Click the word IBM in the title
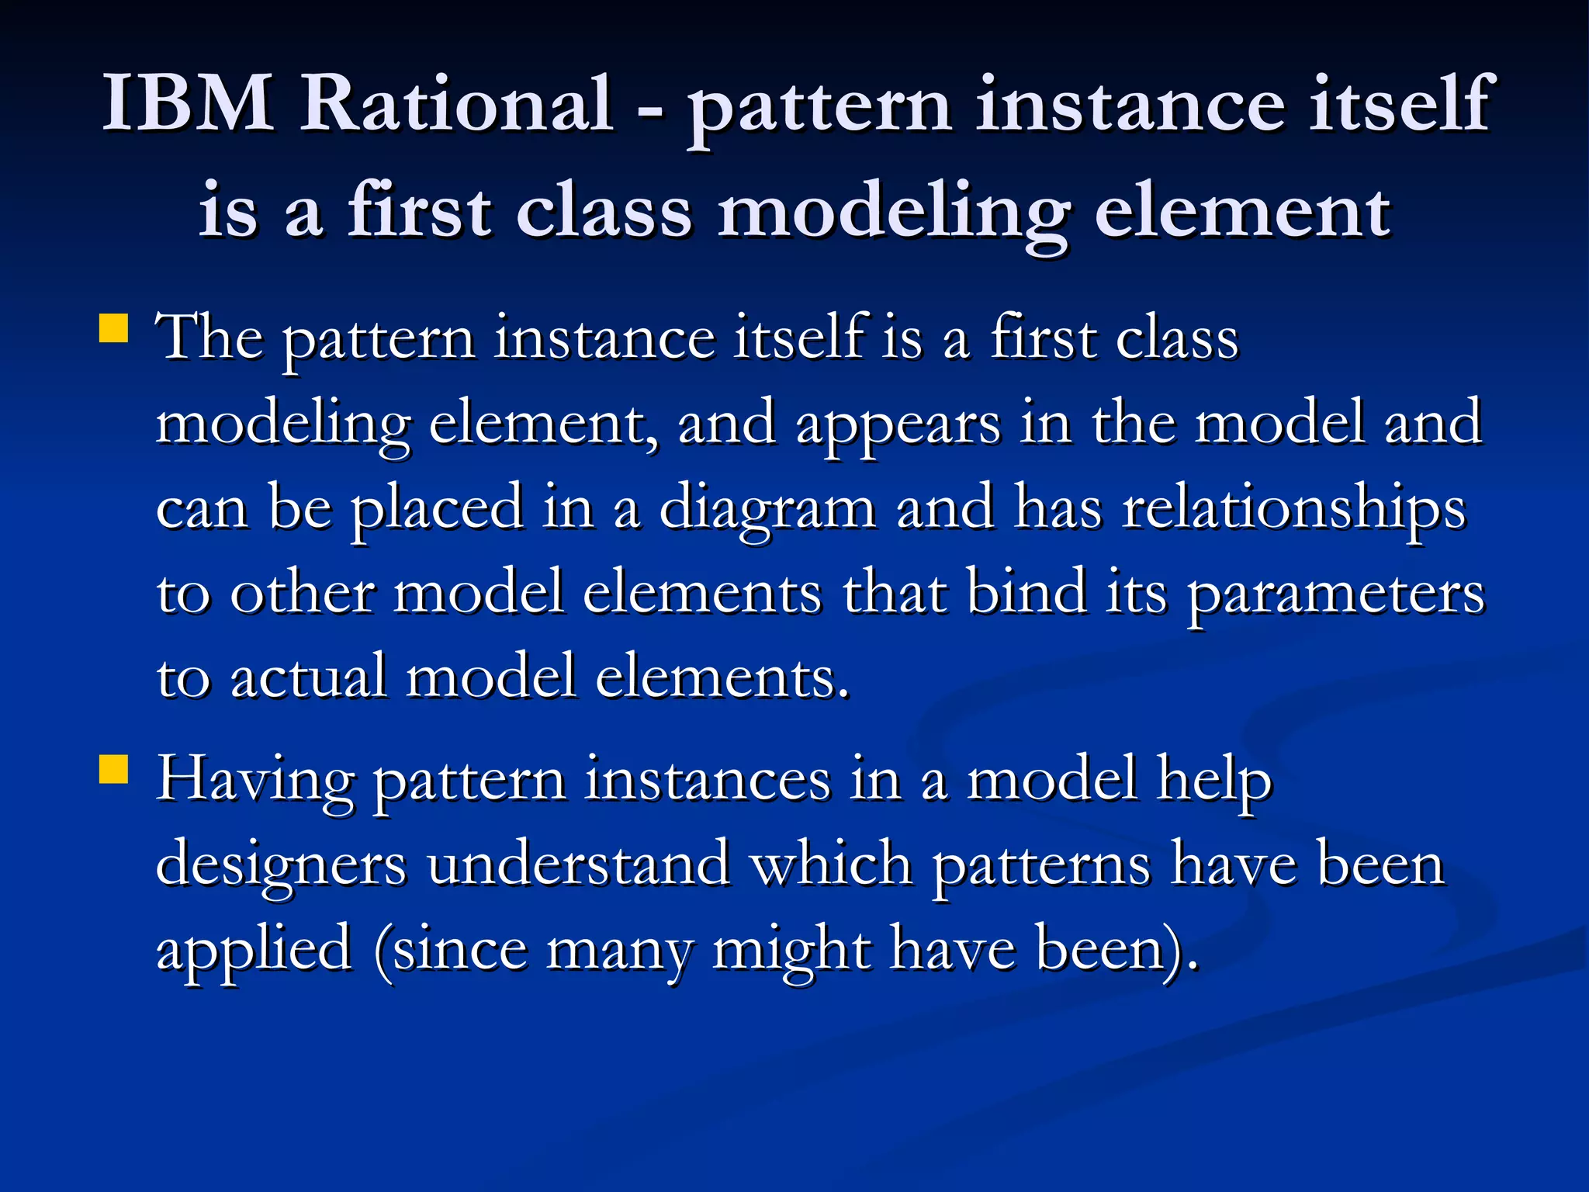tap(188, 102)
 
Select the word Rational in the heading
tap(457, 102)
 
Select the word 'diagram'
tap(767, 511)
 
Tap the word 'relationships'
tap(1294, 511)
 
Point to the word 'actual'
tap(308, 677)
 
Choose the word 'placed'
tap(437, 511)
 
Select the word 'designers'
tap(281, 866)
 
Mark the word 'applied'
tap(254, 951)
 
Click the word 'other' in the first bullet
tap(303, 594)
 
